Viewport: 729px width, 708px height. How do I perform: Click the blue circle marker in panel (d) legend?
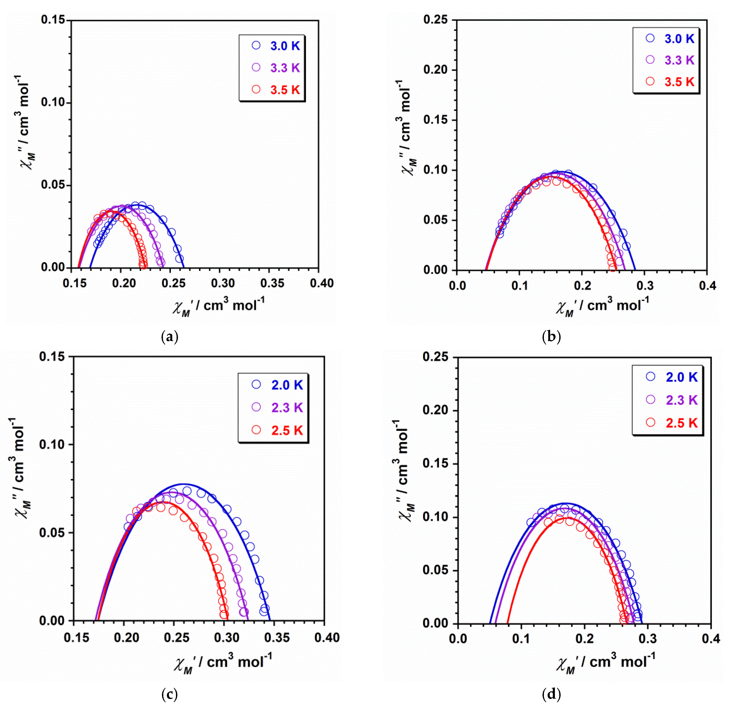(x=650, y=377)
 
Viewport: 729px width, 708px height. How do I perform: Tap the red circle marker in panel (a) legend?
(x=256, y=89)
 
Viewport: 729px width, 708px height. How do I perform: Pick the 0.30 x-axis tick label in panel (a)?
(x=223, y=284)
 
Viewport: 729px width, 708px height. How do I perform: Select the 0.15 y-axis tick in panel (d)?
(x=435, y=463)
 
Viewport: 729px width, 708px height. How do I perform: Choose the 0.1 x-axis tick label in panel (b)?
(x=520, y=286)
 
